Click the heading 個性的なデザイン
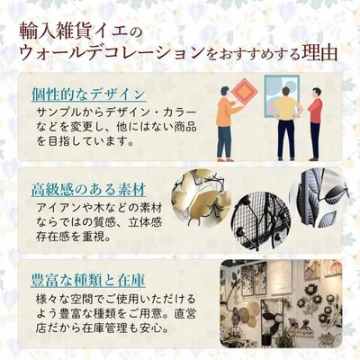pos(89,94)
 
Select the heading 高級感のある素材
pos(89,190)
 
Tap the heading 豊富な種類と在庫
pos(88,280)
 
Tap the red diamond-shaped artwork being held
pos(245,91)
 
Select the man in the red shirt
pos(315,124)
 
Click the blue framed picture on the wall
pos(282,95)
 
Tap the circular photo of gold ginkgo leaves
pos(201,199)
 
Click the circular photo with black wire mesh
pos(260,221)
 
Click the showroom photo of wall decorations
pos(281,303)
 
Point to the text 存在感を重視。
pos(73,237)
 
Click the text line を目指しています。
pos(85,140)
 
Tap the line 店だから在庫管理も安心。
pos(102,328)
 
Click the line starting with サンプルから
pos(117,112)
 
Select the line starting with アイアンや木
pos(100,208)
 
